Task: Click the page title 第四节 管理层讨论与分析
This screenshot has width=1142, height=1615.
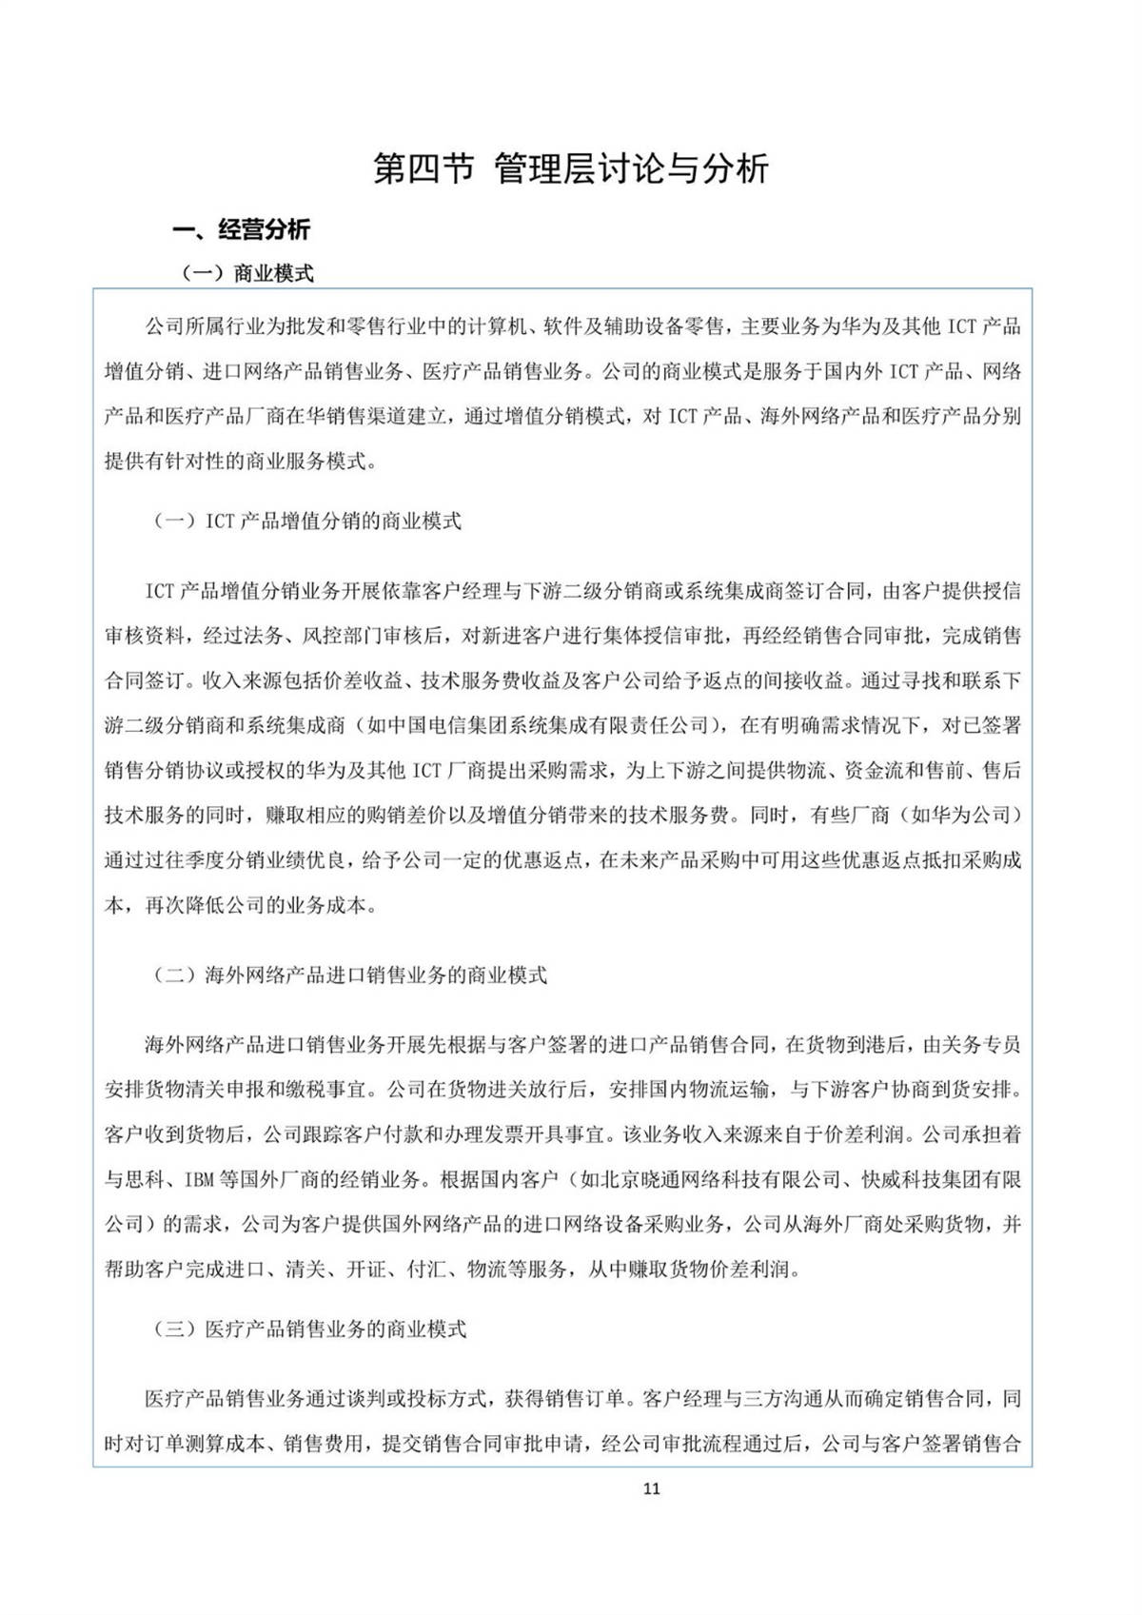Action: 570,169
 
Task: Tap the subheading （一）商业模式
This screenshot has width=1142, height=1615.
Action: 247,274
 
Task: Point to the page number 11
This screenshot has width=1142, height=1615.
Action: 651,1488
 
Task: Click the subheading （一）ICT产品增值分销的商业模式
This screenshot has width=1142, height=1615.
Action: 307,522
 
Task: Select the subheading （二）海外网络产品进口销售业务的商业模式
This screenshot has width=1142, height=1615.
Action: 350,975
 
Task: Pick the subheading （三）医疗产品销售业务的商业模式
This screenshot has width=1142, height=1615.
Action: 310,1329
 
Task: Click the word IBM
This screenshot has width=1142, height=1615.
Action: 199,1180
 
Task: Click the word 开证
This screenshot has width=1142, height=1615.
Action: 365,1270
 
